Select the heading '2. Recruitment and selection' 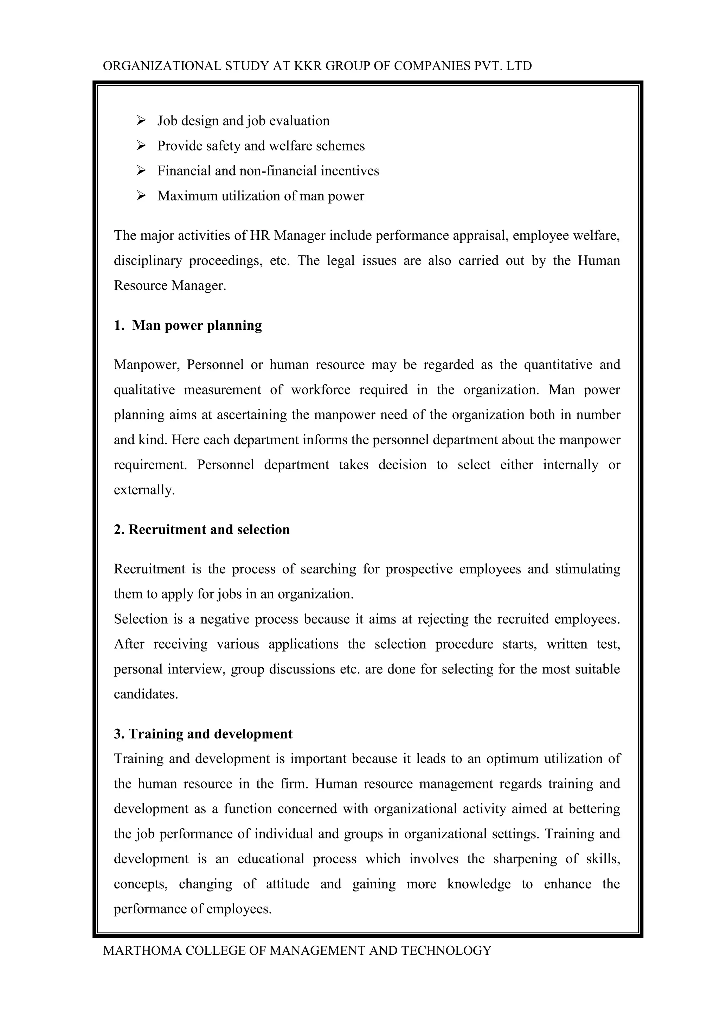[202, 529]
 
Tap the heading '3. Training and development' [203, 734]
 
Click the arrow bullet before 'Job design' [141, 121]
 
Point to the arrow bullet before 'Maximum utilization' [141, 195]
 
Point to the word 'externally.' [144, 490]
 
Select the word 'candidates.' [146, 694]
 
